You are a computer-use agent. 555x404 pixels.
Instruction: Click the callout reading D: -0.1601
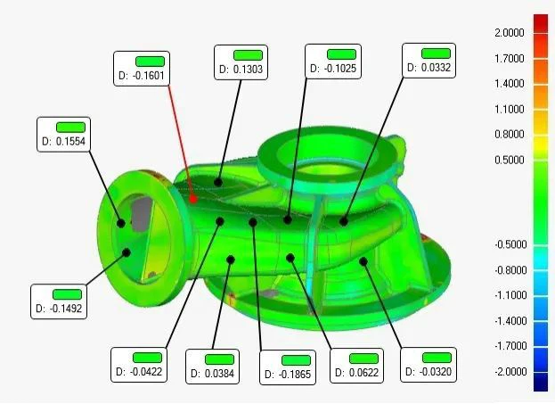[142, 69]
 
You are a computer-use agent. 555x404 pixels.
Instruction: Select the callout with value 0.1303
[241, 62]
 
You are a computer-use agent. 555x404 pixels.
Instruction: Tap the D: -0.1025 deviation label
[333, 62]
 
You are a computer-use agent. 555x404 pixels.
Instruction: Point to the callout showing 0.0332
[429, 61]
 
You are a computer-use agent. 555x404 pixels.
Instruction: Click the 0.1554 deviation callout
[64, 135]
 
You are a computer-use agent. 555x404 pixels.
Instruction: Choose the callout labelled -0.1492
[59, 301]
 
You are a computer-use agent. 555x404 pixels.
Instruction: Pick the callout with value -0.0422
[139, 365]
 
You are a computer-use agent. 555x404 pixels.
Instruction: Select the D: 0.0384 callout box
[212, 367]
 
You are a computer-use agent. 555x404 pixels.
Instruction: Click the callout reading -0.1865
[288, 367]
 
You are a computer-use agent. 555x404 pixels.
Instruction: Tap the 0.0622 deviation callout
[356, 366]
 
